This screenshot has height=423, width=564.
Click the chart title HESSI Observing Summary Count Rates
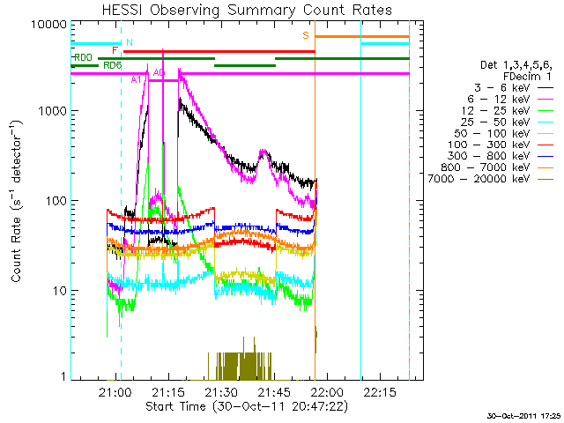pyautogui.click(x=248, y=10)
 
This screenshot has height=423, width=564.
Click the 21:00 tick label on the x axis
pyautogui.click(x=115, y=392)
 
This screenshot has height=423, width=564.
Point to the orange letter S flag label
pyautogui.click(x=306, y=35)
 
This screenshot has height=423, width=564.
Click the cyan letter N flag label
pyautogui.click(x=130, y=42)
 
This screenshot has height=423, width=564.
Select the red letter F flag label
pyautogui.click(x=115, y=51)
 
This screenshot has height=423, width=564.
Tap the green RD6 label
pyautogui.click(x=112, y=65)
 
